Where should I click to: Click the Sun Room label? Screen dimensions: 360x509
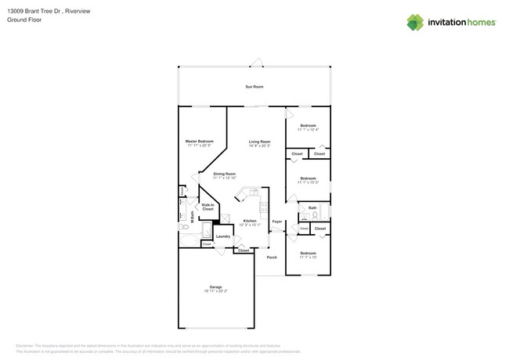[x=254, y=86]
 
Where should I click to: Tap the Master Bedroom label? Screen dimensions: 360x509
[x=199, y=141]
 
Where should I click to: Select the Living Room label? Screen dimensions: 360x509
[x=259, y=142]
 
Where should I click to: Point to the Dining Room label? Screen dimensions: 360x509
[x=224, y=174]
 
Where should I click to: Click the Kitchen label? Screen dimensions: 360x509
[x=249, y=221]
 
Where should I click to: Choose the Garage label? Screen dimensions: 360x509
[x=215, y=286]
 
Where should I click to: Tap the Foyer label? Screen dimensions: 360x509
[x=276, y=221]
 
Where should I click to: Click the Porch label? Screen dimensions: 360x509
[x=272, y=257]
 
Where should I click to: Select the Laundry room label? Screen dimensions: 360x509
[x=222, y=236]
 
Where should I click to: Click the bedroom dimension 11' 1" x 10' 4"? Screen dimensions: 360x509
[x=308, y=130]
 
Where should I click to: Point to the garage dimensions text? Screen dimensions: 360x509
[x=215, y=291]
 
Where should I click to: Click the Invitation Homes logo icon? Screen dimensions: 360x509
[x=415, y=23]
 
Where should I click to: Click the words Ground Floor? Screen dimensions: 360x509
[x=24, y=20]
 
